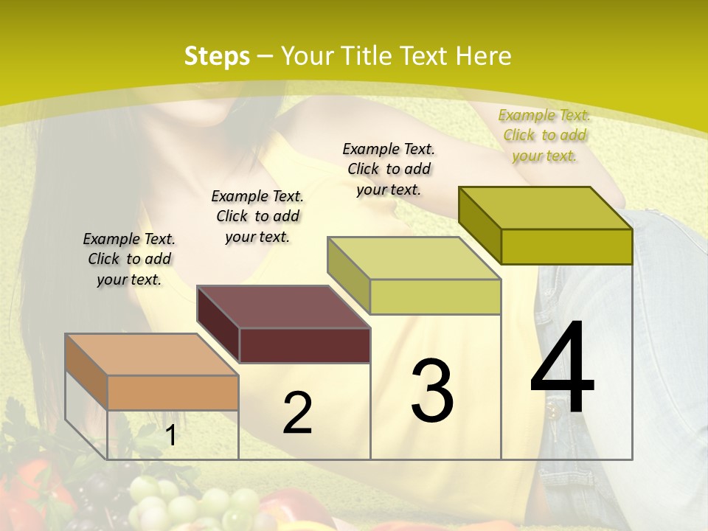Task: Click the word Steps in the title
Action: click(x=216, y=56)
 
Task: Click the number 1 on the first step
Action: click(x=171, y=436)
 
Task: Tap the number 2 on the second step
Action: click(x=297, y=413)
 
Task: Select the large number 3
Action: click(x=431, y=391)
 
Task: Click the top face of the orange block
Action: click(x=151, y=355)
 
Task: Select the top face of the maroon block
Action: click(x=283, y=307)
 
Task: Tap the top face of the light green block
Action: click(x=414, y=258)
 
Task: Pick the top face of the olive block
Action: click(x=545, y=208)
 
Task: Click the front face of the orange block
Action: click(x=173, y=392)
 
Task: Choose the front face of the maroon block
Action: click(x=305, y=345)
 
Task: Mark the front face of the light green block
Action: click(x=435, y=296)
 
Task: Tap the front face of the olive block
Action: click(x=566, y=246)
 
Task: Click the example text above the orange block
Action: click(x=129, y=259)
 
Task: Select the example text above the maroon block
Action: click(x=257, y=216)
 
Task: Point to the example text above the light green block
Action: click(x=389, y=169)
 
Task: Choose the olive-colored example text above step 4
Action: click(x=544, y=135)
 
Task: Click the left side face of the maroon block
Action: click(x=218, y=324)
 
